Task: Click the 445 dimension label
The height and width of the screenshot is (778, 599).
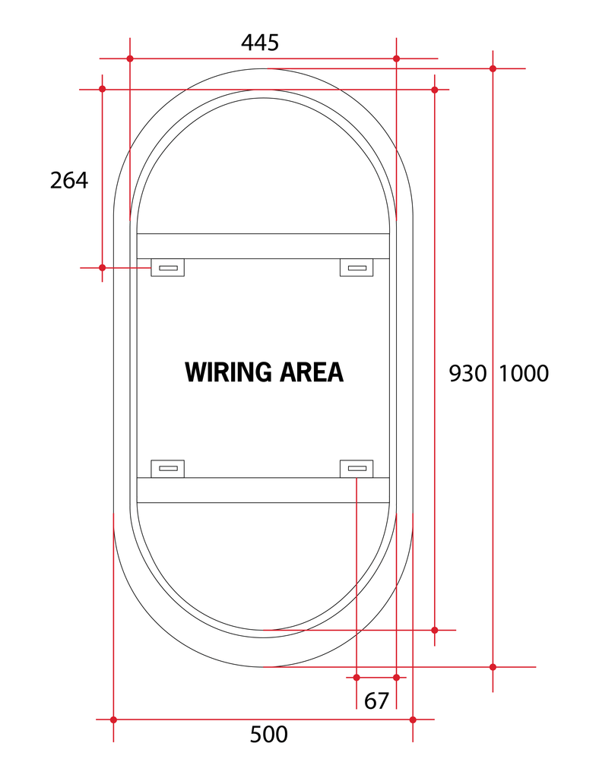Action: pyautogui.click(x=260, y=43)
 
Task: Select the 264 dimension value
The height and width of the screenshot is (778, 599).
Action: pyautogui.click(x=69, y=180)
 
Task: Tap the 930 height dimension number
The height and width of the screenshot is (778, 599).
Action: pyautogui.click(x=467, y=373)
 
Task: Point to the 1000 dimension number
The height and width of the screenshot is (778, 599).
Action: pyautogui.click(x=524, y=373)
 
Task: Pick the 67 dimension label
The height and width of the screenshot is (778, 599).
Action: pyautogui.click(x=376, y=701)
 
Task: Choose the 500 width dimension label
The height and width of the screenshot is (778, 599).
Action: pyautogui.click(x=269, y=735)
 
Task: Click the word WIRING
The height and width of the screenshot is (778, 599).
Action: pyautogui.click(x=228, y=372)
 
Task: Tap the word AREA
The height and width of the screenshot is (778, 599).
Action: pyautogui.click(x=312, y=372)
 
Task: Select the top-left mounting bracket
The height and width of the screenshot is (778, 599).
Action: pyautogui.click(x=168, y=267)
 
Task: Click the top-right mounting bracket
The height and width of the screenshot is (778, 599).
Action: pyautogui.click(x=356, y=267)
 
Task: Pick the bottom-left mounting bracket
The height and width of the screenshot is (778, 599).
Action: pyautogui.click(x=168, y=469)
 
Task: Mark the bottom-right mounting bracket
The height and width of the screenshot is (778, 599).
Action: pyautogui.click(x=356, y=469)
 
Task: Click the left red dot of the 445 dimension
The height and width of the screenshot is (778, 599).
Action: pyautogui.click(x=130, y=59)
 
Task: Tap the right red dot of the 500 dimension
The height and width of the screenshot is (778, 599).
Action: pyautogui.click(x=413, y=719)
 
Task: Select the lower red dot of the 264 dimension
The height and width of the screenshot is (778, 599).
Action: pyautogui.click(x=103, y=267)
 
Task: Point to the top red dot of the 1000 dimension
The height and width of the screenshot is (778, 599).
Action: pyautogui.click(x=493, y=68)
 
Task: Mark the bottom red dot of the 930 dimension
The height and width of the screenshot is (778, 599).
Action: pyautogui.click(x=435, y=630)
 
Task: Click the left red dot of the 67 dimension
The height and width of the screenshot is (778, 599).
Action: pyautogui.click(x=357, y=676)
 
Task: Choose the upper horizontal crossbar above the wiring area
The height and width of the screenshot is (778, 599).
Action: pyautogui.click(x=263, y=246)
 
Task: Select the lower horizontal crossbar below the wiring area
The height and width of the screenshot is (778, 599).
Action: pyautogui.click(x=263, y=490)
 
